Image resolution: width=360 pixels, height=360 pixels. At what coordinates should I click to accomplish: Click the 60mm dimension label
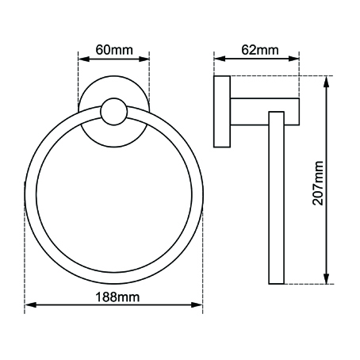(x=113, y=50)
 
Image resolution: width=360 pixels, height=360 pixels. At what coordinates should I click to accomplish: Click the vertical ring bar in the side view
(x=276, y=198)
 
